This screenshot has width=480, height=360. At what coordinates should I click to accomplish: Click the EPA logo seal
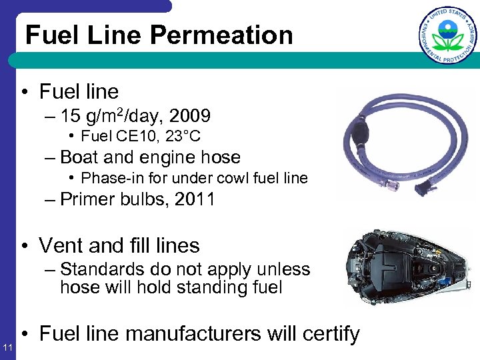(448, 35)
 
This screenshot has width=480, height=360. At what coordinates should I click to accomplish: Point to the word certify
(326, 333)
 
